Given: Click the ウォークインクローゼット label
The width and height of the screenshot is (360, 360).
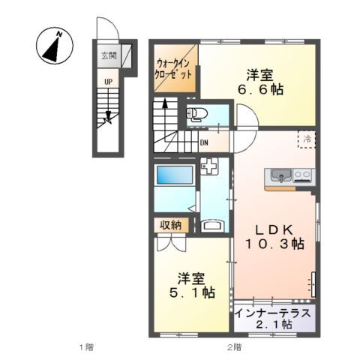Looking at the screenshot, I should coord(173,70).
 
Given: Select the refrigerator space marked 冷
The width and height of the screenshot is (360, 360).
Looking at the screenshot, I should coord(307,139).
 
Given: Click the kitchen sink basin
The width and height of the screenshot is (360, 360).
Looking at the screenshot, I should coord(280,176).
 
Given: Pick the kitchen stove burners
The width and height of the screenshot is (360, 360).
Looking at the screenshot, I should coord(303,176).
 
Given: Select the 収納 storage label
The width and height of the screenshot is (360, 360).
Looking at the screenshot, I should coord(170,226).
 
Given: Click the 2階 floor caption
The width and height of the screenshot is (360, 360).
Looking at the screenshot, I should coord(234,346).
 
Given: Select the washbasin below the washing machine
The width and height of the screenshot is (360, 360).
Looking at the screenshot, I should coord(213,225).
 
